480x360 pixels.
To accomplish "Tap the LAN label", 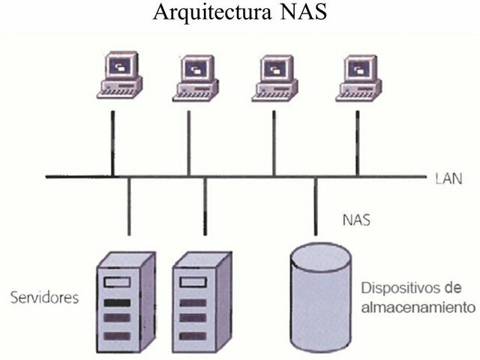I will point(448,179).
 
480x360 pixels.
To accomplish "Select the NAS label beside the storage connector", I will point(356,221).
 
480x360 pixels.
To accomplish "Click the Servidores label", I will point(44,298).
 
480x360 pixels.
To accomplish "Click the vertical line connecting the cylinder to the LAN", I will point(315,206).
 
